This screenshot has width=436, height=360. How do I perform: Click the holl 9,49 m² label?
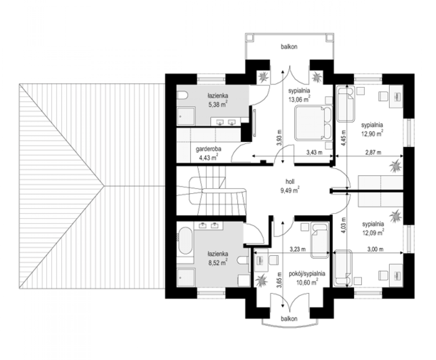click(290, 186)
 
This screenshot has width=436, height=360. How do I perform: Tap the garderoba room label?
click(208, 149)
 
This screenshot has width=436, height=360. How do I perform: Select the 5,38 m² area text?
click(218, 104)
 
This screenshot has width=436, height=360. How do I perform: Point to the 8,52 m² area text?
click(218, 262)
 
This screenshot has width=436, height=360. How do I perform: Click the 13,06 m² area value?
click(299, 99)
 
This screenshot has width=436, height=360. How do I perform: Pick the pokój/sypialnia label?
click(307, 274)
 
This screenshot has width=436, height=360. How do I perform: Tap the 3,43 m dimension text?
click(314, 152)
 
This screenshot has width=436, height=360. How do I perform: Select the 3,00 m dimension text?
click(375, 249)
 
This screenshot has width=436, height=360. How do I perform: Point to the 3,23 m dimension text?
click(298, 249)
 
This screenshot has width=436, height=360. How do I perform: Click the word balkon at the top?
click(289, 47)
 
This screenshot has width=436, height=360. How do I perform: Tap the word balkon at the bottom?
click(289, 319)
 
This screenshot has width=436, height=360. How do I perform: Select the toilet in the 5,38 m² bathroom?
click(182, 95)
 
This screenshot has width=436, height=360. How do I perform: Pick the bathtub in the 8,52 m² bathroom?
click(185, 241)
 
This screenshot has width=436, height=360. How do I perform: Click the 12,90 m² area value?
click(372, 133)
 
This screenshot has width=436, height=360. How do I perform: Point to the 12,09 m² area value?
click(373, 232)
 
